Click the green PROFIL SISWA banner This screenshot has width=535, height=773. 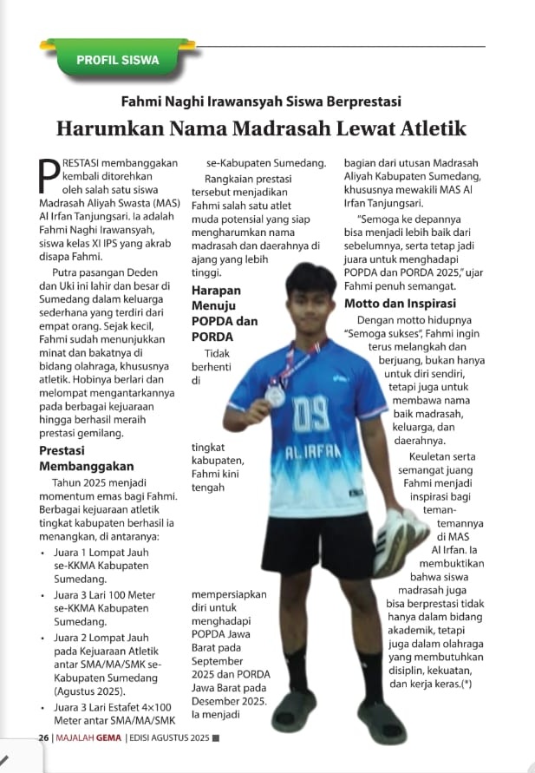(x=118, y=61)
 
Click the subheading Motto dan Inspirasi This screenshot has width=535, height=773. (x=401, y=304)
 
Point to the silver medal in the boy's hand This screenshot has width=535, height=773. (x=275, y=396)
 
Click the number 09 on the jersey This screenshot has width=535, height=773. (x=310, y=414)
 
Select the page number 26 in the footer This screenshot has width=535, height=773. (x=43, y=737)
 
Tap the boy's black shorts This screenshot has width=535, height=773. (x=317, y=545)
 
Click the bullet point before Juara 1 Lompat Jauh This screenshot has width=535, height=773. (x=42, y=551)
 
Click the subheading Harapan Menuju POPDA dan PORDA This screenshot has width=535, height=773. (x=224, y=312)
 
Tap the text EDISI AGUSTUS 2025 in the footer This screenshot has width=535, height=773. (x=171, y=737)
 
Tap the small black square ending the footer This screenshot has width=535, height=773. (x=216, y=738)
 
